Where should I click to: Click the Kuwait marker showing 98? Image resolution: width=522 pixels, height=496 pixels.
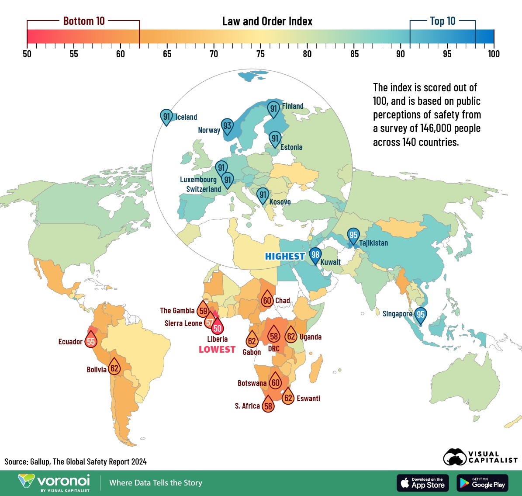coord(315,255)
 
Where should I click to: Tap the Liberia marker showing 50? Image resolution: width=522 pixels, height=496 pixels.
coord(217,328)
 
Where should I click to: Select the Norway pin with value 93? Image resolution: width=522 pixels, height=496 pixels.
coord(227,126)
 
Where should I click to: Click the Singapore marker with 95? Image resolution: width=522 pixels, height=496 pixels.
coord(420,315)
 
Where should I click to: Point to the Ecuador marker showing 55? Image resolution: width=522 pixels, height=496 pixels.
coord(91,341)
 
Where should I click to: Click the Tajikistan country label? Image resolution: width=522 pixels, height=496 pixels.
coord(373,243)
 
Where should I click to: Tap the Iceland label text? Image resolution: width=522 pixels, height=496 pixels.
coord(186,117)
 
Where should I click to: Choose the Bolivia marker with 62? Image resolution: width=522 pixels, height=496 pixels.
coord(114,368)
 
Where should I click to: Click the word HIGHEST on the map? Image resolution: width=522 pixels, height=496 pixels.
coord(285,257)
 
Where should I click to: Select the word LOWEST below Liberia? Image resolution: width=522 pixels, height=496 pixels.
coord(217,349)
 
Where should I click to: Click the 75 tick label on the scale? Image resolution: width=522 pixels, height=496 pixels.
coord(260,54)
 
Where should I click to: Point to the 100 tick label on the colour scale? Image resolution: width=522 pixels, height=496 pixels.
coord(494,54)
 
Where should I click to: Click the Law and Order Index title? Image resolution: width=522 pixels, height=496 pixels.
coord(267,21)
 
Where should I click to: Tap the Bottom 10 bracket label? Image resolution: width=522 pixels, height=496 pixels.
coord(84,21)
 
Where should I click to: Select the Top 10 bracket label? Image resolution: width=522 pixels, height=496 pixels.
coord(442,21)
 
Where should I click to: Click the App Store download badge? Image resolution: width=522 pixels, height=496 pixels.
coord(422,483)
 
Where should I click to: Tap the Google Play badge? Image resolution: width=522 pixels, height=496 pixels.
coord(482,483)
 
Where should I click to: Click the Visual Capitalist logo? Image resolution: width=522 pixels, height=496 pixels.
coord(480,458)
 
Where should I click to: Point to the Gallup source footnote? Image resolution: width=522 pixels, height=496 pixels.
coord(76,461)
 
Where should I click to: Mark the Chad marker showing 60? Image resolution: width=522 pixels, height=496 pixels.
coord(267,300)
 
